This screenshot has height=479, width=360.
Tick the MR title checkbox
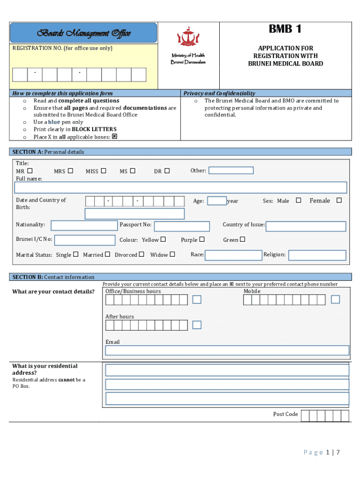[30, 171]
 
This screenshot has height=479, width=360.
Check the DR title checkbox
[167, 171]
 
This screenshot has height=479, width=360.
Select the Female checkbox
[339, 201]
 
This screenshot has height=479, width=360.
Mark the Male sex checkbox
[299, 201]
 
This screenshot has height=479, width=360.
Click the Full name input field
[180, 188]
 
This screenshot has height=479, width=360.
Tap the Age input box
[216, 201]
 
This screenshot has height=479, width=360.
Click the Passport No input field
[182, 226]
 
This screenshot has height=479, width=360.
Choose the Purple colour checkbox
[202, 239]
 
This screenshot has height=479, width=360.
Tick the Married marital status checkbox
[108, 254]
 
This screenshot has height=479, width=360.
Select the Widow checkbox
[172, 254]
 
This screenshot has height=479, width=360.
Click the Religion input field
[317, 255]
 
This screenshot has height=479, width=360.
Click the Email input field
[227, 350]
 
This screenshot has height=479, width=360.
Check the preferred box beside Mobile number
[335, 299]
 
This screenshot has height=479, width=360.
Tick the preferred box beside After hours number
[197, 325]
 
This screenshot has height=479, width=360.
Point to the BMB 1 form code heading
[285, 29]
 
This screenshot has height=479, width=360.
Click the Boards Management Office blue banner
[84, 33]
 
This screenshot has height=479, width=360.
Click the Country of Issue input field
[306, 226]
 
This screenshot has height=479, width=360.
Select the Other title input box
[231, 171]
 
